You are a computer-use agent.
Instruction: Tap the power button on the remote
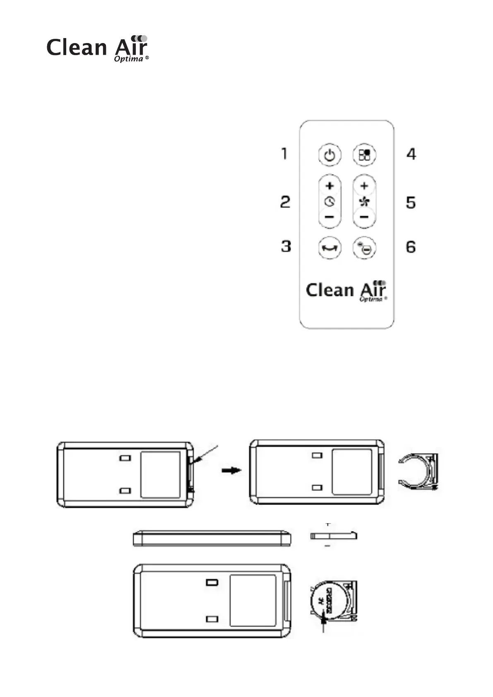[x=329, y=156]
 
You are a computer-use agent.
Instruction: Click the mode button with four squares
[x=364, y=155]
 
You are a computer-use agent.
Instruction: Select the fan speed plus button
[x=364, y=186]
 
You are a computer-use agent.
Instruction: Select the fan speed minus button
[x=364, y=217]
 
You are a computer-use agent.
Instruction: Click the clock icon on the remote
[x=329, y=202]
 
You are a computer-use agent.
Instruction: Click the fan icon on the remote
[x=364, y=202]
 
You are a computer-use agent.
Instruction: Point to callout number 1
[x=284, y=154]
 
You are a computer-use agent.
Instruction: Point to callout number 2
[x=285, y=202]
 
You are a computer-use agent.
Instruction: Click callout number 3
[x=286, y=247]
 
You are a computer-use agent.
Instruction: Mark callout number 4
[x=411, y=154]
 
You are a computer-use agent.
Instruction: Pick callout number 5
[x=411, y=203]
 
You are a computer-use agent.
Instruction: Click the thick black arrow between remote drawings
[x=231, y=471]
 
